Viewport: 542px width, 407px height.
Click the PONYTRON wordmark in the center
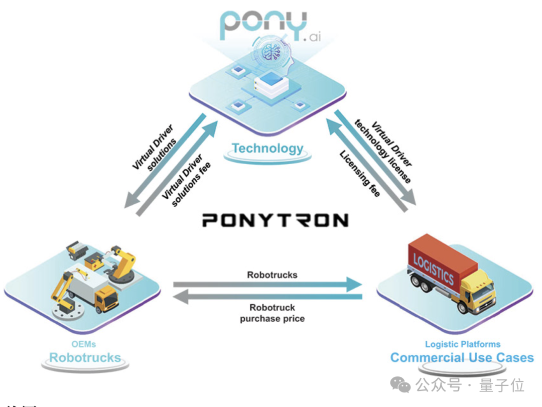click(x=275, y=220)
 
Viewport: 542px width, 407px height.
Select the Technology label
click(x=267, y=149)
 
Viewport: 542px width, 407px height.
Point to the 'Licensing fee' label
click(x=360, y=173)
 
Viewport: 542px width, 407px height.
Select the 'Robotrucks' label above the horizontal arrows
click(x=272, y=275)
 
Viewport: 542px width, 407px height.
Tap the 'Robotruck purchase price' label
click(x=272, y=313)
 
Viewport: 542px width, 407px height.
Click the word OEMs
click(x=84, y=344)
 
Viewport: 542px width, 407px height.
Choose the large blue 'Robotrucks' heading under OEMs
click(x=85, y=358)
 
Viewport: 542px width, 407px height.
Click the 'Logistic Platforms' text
click(x=462, y=344)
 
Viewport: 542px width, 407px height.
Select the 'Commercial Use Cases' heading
click(x=462, y=358)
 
